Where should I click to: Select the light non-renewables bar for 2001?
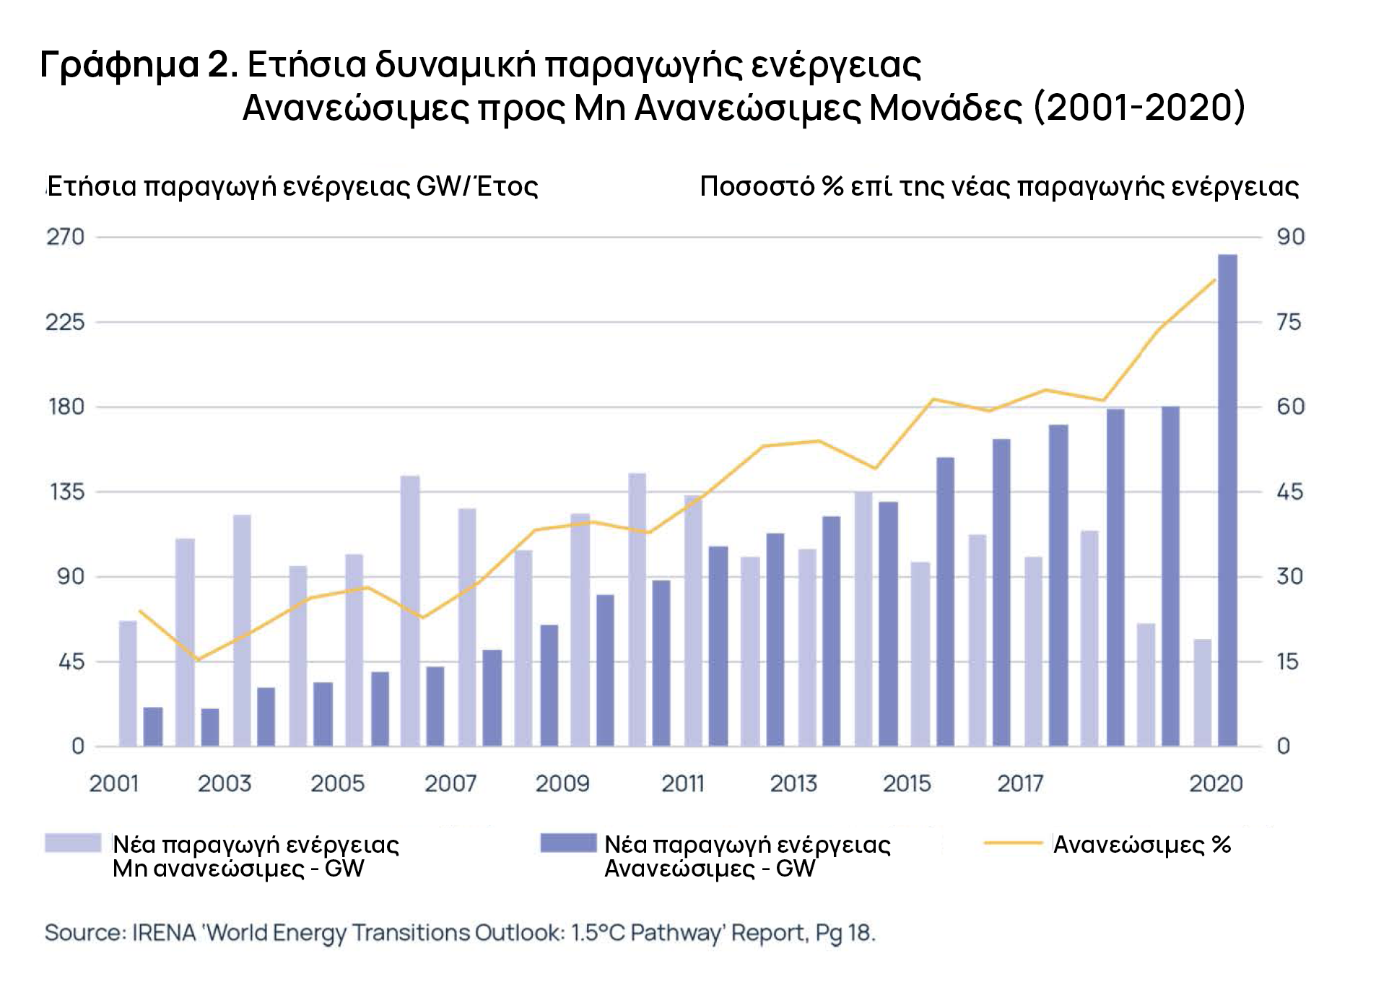pyautogui.click(x=128, y=683)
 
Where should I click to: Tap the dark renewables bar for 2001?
pyautogui.click(x=153, y=726)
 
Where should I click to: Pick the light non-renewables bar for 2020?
pyautogui.click(x=1202, y=692)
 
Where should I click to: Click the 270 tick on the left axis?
pyautogui.click(x=66, y=237)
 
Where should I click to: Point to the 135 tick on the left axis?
pyautogui.click(x=67, y=492)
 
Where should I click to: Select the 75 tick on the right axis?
pyautogui.click(x=1289, y=322)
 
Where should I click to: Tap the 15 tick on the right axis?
pyautogui.click(x=1287, y=661)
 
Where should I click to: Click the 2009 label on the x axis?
pyautogui.click(x=562, y=783)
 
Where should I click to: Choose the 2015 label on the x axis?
pyautogui.click(x=907, y=783)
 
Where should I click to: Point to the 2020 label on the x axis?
pyautogui.click(x=1216, y=783)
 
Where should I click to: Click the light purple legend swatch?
pyautogui.click(x=73, y=843)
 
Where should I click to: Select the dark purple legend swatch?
pyautogui.click(x=568, y=843)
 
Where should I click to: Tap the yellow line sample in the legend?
pyautogui.click(x=1013, y=843)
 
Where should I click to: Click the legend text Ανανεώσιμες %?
pyautogui.click(x=1141, y=844)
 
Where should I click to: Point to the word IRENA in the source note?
pyautogui.click(x=164, y=933)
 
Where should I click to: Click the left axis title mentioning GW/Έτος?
pyautogui.click(x=292, y=186)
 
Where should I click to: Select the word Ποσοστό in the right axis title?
pyautogui.click(x=757, y=186)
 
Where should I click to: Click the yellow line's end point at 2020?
pyautogui.click(x=1215, y=280)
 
